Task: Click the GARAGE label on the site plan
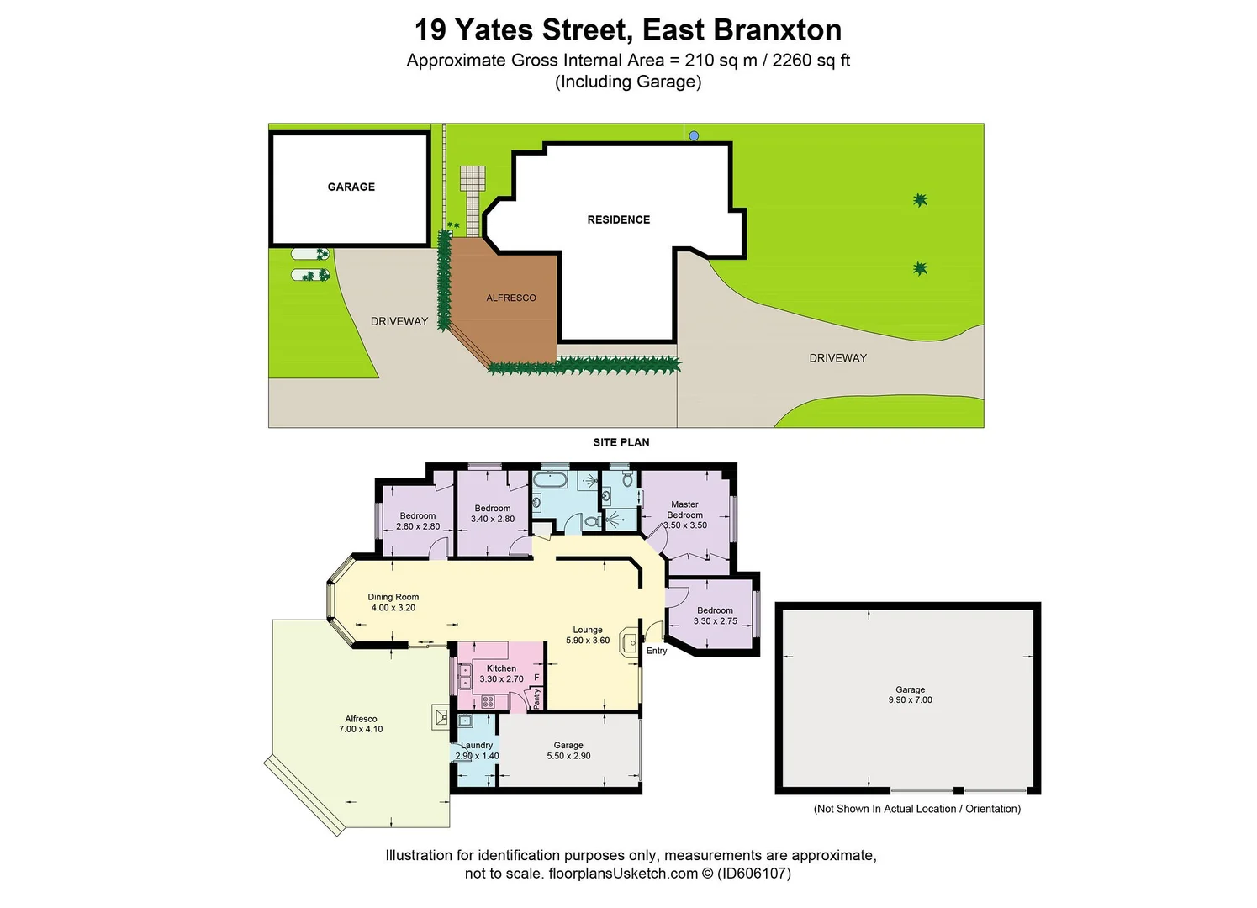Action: [351, 187]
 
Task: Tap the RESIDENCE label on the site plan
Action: [618, 219]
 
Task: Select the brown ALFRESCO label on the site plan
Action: [510, 298]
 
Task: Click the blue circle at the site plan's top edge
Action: [694, 135]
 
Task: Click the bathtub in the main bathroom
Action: [551, 480]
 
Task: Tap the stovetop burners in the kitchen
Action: [488, 701]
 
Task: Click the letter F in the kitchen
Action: [536, 677]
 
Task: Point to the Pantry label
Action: [537, 698]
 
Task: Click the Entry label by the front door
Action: [657, 651]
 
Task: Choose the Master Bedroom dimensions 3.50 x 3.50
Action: [685, 525]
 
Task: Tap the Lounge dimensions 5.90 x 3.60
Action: [588, 641]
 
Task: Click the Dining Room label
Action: [393, 597]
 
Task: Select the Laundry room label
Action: [477, 745]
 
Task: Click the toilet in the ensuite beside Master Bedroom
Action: [627, 480]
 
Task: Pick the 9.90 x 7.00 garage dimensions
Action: [910, 699]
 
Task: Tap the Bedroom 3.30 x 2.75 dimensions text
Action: [715, 621]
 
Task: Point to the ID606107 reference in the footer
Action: [753, 874]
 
